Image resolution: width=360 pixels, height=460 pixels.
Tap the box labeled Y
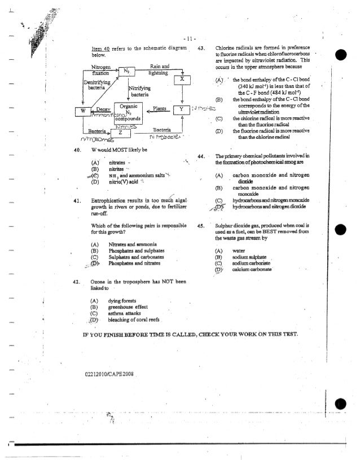pos(181,108)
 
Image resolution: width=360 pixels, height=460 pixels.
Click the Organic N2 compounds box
pos(130,111)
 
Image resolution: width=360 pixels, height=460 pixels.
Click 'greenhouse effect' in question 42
pos(127,306)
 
